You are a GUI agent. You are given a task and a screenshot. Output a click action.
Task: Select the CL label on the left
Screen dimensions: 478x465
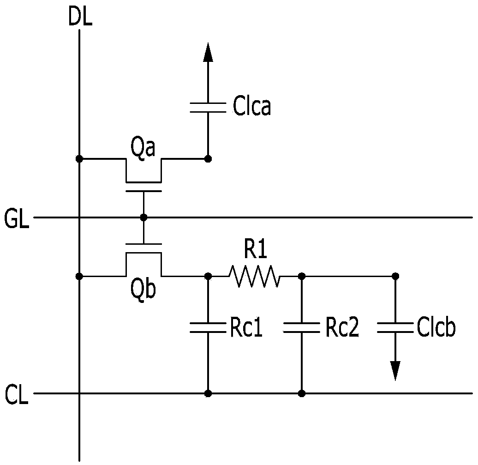coord(17,395)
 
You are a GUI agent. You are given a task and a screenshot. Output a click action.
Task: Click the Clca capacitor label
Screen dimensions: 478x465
coord(252,106)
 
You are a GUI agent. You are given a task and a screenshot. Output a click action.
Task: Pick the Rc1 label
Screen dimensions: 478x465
coord(246,328)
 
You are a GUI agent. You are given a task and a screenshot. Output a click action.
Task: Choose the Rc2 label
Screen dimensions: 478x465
coord(342,328)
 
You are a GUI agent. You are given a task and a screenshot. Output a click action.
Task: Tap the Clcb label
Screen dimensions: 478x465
coord(436,327)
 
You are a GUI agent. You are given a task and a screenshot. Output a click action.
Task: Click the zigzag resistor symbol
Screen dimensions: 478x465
coord(254,277)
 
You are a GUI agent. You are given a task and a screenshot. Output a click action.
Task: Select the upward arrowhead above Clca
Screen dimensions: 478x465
coord(208,52)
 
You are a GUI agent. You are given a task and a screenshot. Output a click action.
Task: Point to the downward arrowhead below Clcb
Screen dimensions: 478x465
coord(395,371)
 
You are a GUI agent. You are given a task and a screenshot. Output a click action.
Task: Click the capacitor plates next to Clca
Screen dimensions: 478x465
coord(208,108)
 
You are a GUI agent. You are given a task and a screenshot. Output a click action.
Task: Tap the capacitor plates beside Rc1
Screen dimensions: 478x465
coord(208,327)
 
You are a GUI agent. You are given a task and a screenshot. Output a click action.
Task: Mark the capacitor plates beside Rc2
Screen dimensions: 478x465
coord(302,327)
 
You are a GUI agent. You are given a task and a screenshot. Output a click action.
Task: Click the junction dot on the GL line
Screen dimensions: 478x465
coord(143,217)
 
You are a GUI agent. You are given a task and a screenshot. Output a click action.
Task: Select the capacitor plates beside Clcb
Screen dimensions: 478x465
coord(395,327)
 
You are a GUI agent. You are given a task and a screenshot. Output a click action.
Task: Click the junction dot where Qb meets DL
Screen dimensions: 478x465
coord(79,277)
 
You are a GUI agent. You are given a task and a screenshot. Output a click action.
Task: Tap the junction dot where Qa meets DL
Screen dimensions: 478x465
coord(79,159)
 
